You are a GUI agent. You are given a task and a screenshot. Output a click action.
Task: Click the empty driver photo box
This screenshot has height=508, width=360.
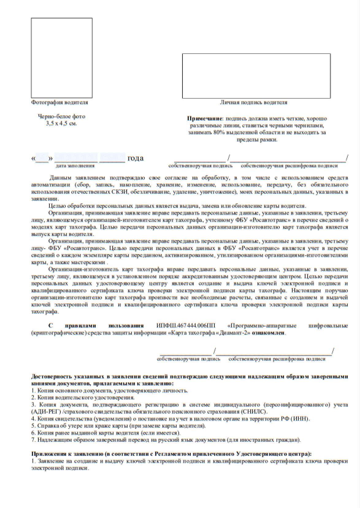[62, 58]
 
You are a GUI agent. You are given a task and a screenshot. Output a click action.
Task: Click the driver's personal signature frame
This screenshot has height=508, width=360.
[256, 76]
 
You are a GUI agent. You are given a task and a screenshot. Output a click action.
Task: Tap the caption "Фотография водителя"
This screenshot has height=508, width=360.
[59, 102]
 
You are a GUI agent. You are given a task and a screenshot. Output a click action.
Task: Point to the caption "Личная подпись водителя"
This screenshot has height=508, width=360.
[254, 102]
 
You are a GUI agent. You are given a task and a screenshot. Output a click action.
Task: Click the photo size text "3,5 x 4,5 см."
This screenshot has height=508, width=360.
[61, 123]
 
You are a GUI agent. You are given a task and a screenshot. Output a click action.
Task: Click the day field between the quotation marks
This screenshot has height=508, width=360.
[42, 158]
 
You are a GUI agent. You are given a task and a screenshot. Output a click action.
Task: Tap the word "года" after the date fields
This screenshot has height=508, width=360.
[135, 158]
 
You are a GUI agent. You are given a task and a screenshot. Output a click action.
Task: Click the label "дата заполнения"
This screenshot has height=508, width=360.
[75, 166]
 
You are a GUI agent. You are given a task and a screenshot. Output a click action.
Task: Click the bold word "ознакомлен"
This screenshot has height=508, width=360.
[268, 333]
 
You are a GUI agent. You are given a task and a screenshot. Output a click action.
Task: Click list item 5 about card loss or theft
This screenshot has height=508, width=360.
[118, 426]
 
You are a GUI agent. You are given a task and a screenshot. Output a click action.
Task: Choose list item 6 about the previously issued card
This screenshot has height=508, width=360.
[106, 433]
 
